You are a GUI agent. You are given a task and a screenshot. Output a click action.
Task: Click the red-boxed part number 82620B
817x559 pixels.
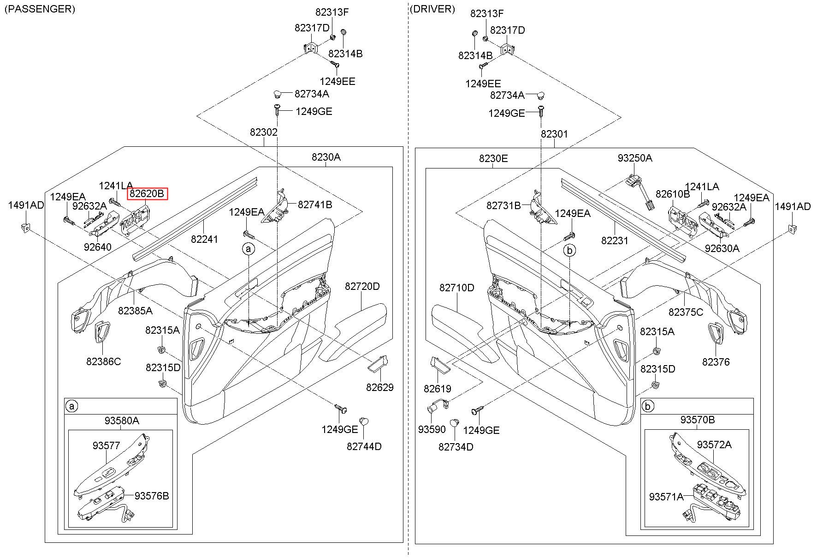tap(147, 194)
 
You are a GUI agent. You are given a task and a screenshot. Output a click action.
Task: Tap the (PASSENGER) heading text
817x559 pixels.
tap(40, 9)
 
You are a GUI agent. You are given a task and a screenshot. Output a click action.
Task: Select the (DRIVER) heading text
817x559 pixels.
tap(432, 9)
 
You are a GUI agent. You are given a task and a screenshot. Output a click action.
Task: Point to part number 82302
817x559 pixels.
tap(264, 132)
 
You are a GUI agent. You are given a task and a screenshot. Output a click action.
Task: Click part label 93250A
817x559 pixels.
tap(635, 158)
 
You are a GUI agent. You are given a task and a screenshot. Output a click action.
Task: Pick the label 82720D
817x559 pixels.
tap(362, 287)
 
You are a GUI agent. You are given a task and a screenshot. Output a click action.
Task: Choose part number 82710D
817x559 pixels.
tap(456, 288)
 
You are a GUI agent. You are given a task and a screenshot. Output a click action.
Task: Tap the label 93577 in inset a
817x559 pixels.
tap(106, 446)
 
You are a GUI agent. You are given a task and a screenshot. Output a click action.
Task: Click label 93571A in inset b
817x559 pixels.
tap(666, 497)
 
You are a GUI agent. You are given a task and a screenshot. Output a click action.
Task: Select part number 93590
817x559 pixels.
tap(432, 430)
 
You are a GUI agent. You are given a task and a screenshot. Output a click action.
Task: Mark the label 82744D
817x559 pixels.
tap(364, 447)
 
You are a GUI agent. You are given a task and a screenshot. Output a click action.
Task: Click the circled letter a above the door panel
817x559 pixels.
tap(249, 249)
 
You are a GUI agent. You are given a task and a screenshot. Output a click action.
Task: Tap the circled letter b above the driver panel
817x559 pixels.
tap(570, 251)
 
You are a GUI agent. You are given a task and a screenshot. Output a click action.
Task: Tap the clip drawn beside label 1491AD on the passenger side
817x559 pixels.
tap(26, 227)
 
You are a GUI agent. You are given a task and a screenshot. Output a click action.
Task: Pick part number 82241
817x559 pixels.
tap(205, 240)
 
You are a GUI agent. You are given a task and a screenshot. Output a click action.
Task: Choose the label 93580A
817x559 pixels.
tap(122, 421)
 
